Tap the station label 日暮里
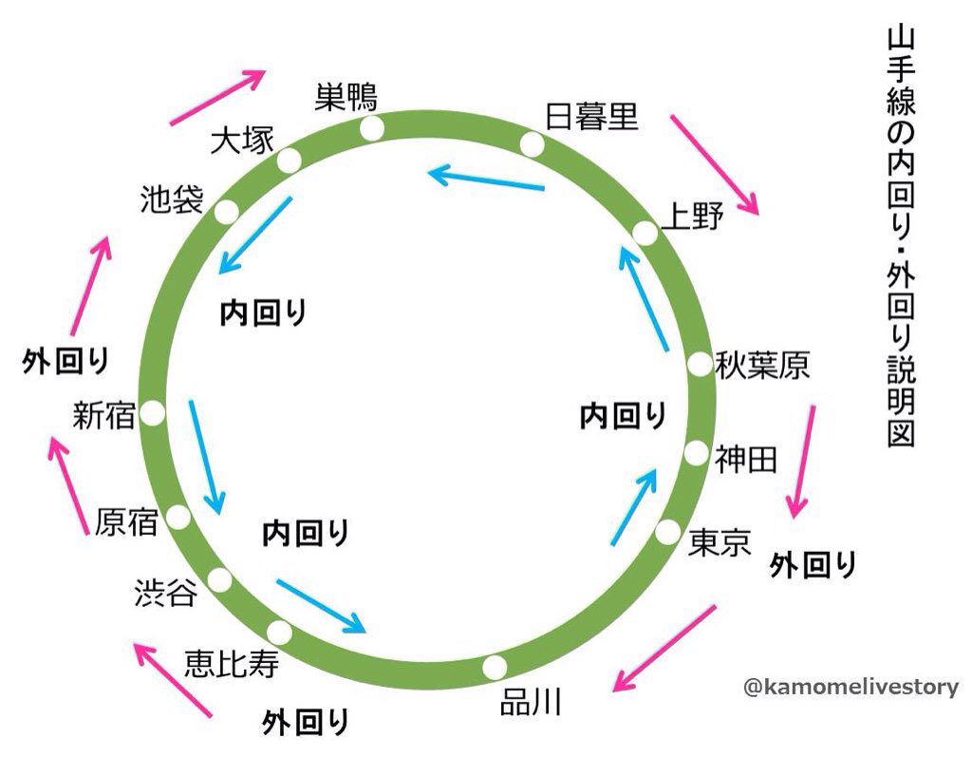coord(590,116)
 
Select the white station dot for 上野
coord(645,232)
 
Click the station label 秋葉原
coord(763,364)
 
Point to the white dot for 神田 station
coord(697,452)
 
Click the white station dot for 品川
coord(494,667)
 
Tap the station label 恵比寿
coord(231,663)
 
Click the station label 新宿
coord(104,414)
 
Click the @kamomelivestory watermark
coord(851,687)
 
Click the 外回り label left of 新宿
coord(65,362)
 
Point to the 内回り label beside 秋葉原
coord(624,414)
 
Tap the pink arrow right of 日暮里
coord(715,163)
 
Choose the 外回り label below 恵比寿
coord(306,722)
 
